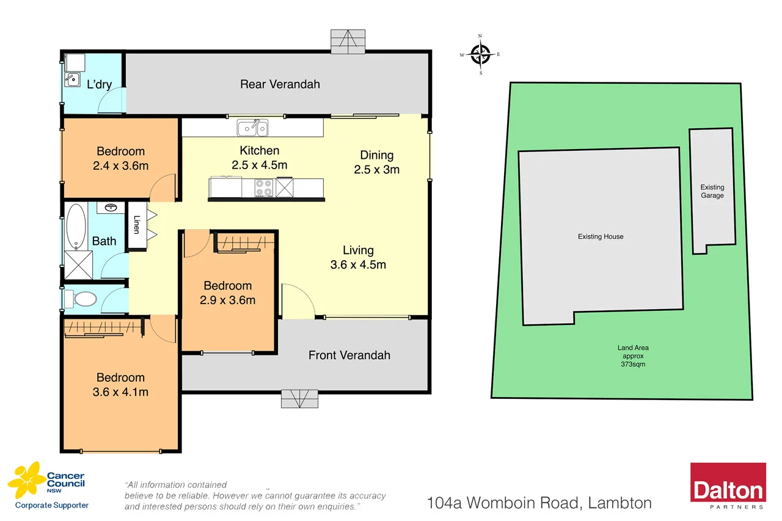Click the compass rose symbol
pyautogui.click(x=481, y=54)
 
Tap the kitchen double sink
pyautogui.click(x=252, y=128)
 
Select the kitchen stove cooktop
pyautogui.click(x=263, y=188)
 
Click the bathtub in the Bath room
pyautogui.click(x=76, y=226)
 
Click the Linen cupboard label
pyautogui.click(x=136, y=225)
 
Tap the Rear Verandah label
pyautogui.click(x=280, y=84)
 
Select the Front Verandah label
pyautogui.click(x=349, y=355)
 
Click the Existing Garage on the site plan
pyautogui.click(x=712, y=191)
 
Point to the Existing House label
pyautogui.click(x=601, y=236)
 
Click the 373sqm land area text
pyautogui.click(x=632, y=364)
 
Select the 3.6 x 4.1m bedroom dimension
pyautogui.click(x=120, y=392)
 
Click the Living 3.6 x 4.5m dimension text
pyautogui.click(x=358, y=264)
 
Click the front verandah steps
pyautogui.click(x=299, y=398)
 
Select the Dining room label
pyautogui.click(x=376, y=155)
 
